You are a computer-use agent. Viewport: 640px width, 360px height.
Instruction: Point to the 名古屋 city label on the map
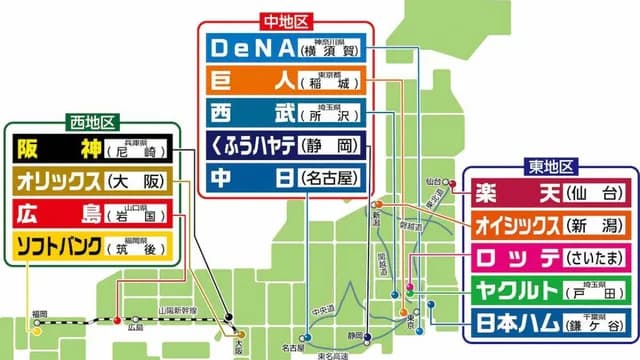pos(293,347)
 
